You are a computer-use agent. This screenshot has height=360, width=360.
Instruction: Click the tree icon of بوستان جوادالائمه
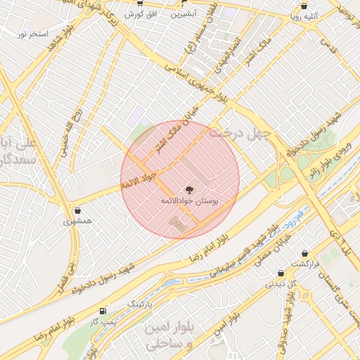[188, 189]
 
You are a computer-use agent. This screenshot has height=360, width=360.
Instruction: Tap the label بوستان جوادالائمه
[188, 201]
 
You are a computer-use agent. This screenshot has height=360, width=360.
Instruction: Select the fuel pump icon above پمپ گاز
[104, 310]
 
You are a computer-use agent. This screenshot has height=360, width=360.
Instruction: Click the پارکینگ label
[143, 302]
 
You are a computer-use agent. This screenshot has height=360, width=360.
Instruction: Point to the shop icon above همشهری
[77, 210]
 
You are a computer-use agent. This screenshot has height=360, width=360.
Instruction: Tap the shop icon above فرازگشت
[304, 253]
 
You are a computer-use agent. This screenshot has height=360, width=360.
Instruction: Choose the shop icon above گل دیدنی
[281, 274]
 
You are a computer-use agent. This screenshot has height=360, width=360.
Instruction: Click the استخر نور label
[33, 33]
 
